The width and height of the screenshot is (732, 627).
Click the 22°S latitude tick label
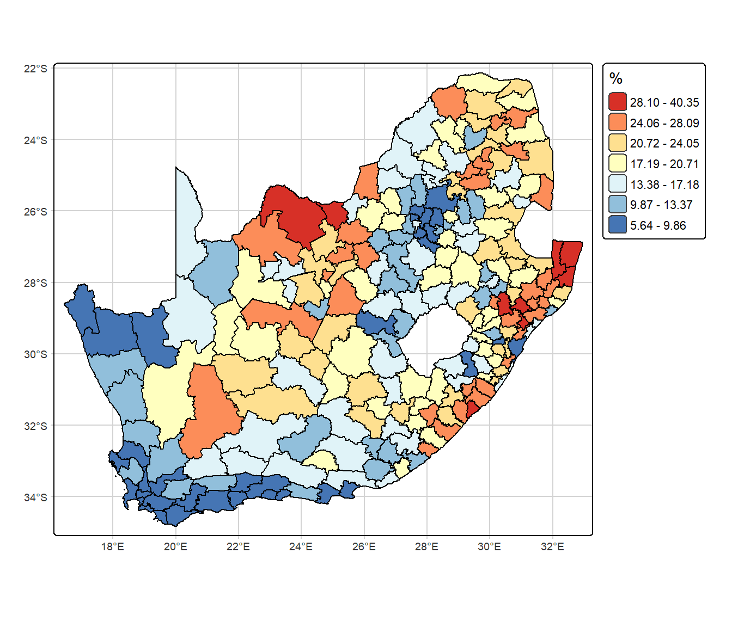35,69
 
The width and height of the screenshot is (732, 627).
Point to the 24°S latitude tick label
35,140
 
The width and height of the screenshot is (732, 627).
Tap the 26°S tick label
35,211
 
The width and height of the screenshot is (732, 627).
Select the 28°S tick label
35,283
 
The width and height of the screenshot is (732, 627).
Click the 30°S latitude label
35,354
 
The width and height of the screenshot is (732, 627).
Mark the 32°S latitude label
35,426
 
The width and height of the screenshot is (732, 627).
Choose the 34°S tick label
35,497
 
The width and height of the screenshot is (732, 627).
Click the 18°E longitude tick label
113,546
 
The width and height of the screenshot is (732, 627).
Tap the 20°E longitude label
175,546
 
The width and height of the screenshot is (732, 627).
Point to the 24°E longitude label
301,546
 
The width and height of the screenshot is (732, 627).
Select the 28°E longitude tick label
426,546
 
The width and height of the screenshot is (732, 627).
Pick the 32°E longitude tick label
552,546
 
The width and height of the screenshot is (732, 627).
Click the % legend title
616,79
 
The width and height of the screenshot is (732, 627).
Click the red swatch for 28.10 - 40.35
618,102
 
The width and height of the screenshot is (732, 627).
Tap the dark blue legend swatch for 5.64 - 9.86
618,225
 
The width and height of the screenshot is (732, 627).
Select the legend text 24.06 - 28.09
664,123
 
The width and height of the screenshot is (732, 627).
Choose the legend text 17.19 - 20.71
664,164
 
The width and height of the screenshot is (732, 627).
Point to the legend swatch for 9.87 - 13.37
618,205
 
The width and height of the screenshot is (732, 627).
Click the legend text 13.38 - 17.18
664,185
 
